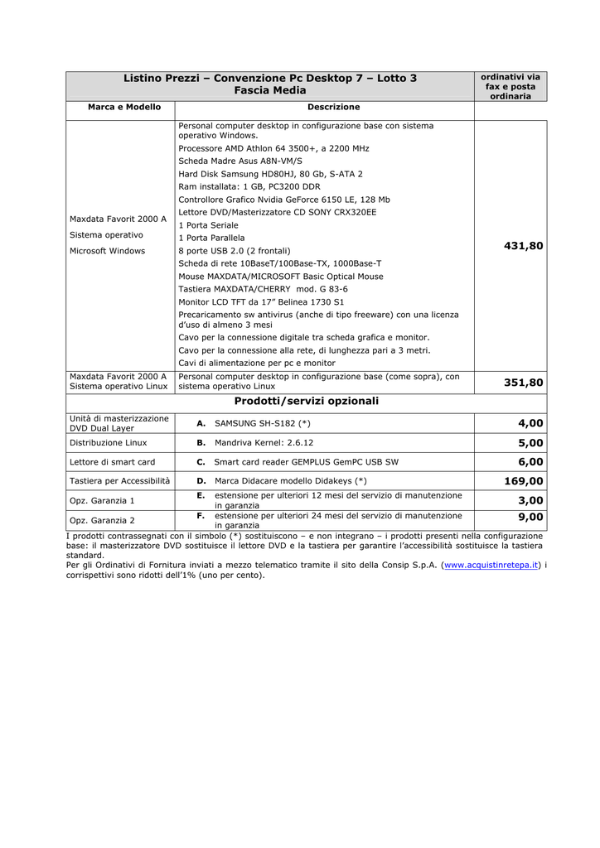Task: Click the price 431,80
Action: click(523, 246)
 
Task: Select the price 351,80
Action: click(523, 383)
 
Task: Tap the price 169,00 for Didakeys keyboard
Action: click(523, 481)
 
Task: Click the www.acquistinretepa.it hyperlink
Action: click(492, 565)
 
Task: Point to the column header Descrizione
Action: click(333, 108)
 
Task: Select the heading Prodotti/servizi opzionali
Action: click(306, 401)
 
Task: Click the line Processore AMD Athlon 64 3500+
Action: click(273, 148)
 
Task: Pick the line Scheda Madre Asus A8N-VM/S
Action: click(240, 161)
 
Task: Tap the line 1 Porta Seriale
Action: click(208, 225)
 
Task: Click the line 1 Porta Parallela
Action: click(211, 238)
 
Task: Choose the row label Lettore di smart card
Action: click(112, 462)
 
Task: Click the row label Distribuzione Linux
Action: click(109, 443)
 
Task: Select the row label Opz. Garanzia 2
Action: click(102, 520)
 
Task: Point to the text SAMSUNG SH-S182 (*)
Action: click(262, 423)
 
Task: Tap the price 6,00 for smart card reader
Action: click(530, 462)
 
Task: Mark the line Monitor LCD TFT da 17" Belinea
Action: click(261, 302)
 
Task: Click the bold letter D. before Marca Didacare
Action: click(201, 481)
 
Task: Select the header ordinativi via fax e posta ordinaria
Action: click(510, 86)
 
